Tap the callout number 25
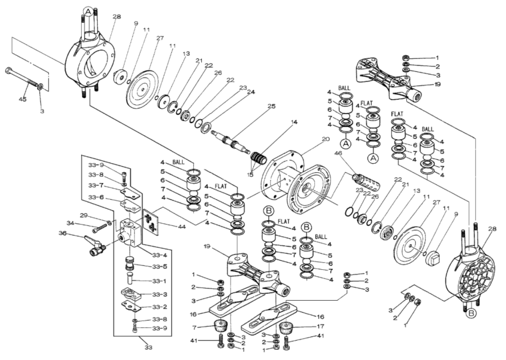point(272,107)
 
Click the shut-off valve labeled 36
point(92,247)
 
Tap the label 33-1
point(160,281)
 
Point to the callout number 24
point(252,91)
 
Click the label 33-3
point(160,294)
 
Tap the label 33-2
point(160,307)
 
